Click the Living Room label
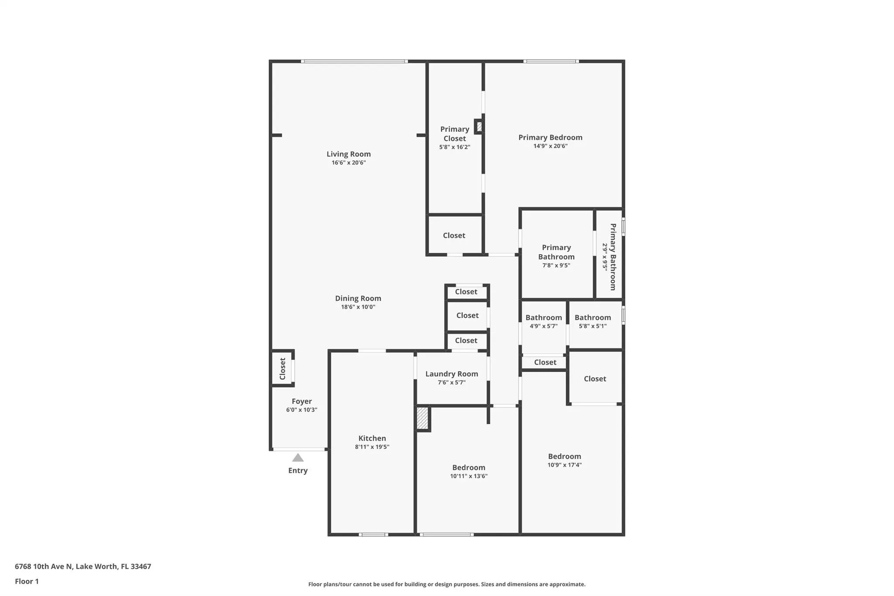coord(348,154)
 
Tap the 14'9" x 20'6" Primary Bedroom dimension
coord(550,146)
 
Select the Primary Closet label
coord(454,134)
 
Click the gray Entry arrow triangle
coord(298,458)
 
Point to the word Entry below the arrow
coord(298,470)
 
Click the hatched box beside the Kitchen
coord(422,418)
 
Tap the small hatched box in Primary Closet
coord(479,127)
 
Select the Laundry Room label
coord(451,374)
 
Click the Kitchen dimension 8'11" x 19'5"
coord(372,447)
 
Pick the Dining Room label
coord(358,298)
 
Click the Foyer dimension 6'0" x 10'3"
coord(302,410)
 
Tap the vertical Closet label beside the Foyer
coord(282,369)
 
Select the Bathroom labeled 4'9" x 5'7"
coord(543,317)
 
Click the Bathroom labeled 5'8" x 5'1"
coord(592,317)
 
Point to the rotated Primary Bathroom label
coord(613,257)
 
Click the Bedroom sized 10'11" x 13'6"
coord(468,467)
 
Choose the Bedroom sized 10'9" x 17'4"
coord(564,456)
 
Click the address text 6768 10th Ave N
coord(44,566)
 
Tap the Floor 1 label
coord(27,581)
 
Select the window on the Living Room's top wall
coord(354,61)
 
